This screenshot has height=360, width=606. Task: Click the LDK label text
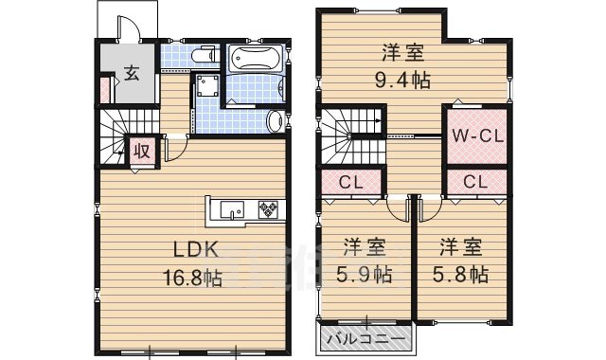coord(196,251)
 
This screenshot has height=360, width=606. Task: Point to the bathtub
coord(254,59)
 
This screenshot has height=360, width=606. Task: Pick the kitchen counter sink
coord(232,209)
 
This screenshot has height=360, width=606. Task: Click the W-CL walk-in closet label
coord(476,135)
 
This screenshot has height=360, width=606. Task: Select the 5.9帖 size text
coord(364,275)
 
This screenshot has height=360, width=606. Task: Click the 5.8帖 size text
coord(460,275)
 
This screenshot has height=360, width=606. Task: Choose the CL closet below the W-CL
coord(475,181)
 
